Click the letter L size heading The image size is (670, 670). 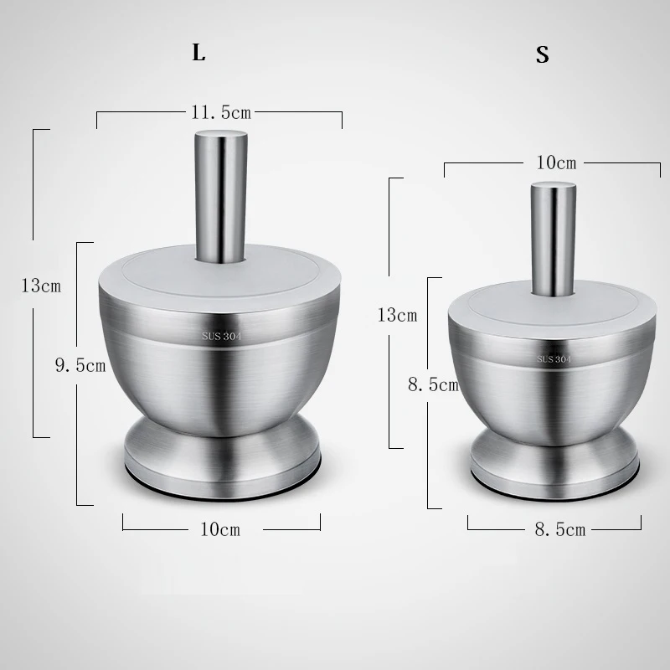pyautogui.click(x=198, y=53)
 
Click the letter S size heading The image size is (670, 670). pyautogui.click(x=542, y=54)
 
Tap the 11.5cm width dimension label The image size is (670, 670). pyautogui.click(x=221, y=112)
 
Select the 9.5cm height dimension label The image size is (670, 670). pyautogui.click(x=80, y=365)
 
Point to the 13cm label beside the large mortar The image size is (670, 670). pyautogui.click(x=41, y=286)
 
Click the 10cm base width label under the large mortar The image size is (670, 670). pyautogui.click(x=220, y=529)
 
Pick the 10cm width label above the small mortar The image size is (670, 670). pyautogui.click(x=556, y=162)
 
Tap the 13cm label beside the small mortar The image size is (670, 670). pyautogui.click(x=397, y=316)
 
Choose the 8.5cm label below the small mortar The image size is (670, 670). pyautogui.click(x=560, y=530)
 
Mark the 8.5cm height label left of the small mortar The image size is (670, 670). pyautogui.click(x=433, y=385)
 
